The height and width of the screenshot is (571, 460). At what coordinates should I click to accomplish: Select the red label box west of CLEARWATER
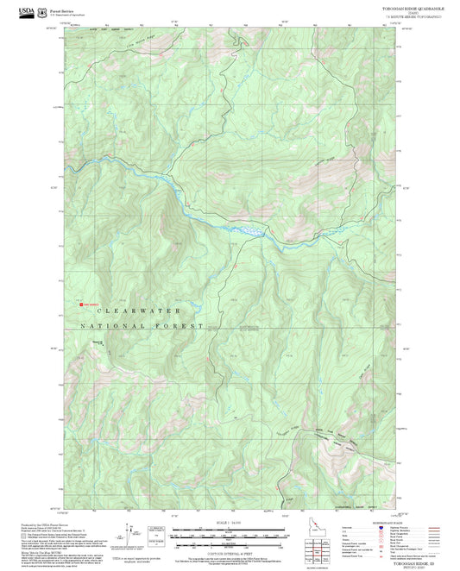point(90,304)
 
